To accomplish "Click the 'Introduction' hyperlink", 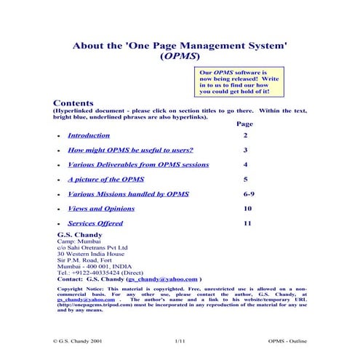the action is point(89,135).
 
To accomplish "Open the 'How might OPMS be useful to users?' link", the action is point(130,150).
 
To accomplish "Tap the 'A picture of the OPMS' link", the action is point(105,179).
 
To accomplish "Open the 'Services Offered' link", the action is point(95,223).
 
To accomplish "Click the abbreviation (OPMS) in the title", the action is point(180,56).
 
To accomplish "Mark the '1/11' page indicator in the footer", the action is point(180,339).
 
